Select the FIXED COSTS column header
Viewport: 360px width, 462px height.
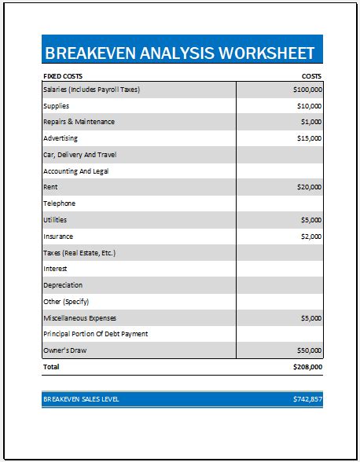point(64,77)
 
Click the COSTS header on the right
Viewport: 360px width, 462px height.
point(311,77)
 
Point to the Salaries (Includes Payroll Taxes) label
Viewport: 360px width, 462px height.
point(91,90)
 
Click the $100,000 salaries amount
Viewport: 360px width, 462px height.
point(307,90)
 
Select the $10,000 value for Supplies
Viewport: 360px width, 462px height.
point(308,106)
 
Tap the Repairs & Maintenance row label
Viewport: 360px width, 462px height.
point(79,122)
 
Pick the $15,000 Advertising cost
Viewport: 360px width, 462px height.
point(308,138)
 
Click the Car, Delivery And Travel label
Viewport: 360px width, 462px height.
point(79,155)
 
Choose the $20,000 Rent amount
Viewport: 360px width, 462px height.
point(308,188)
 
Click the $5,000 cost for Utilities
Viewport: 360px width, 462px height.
point(310,220)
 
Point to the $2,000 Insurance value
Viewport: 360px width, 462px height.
point(310,236)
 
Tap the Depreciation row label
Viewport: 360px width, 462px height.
point(62,285)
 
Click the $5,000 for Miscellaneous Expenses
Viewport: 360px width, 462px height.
point(310,318)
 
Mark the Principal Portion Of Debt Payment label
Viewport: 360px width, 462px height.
point(95,334)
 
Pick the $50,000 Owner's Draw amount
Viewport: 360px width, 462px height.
point(308,350)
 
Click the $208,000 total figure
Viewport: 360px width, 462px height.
point(307,367)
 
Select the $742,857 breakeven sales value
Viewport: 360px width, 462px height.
point(307,400)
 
